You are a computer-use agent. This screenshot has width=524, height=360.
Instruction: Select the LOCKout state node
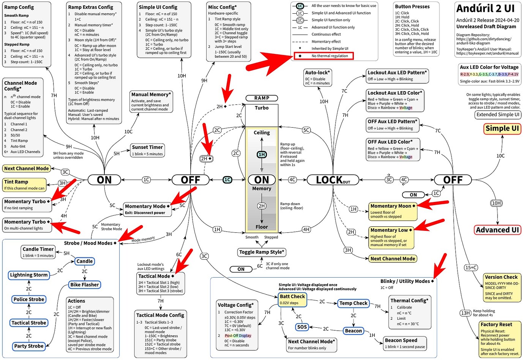pyautogui.click(x=333, y=180)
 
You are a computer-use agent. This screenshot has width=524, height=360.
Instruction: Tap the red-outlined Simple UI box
pyautogui.click(x=502, y=129)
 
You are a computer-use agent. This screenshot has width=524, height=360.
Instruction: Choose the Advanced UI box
pyautogui.click(x=497, y=230)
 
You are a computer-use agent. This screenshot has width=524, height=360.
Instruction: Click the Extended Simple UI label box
pyautogui.click(x=497, y=115)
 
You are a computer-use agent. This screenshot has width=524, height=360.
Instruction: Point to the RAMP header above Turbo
pyautogui.click(x=262, y=98)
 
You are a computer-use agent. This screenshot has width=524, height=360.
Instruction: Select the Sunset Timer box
pyautogui.click(x=147, y=150)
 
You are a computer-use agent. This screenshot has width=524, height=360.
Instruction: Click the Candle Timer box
pyautogui.click(x=38, y=252)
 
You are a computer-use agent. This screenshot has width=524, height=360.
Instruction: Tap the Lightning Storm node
pyautogui.click(x=29, y=275)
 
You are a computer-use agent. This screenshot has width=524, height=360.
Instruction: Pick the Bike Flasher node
pyautogui.click(x=84, y=285)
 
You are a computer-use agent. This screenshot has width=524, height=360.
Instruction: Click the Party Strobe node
pyautogui.click(x=29, y=346)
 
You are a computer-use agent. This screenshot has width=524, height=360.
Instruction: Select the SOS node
pyautogui.click(x=302, y=327)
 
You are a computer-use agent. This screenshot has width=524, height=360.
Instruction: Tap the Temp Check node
pyautogui.click(x=353, y=303)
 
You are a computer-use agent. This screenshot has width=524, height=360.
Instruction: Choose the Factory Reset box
pyautogui.click(x=500, y=339)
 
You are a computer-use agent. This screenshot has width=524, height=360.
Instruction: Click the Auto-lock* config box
pyautogui.click(x=317, y=77)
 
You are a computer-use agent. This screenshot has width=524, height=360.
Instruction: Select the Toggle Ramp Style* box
pyautogui.click(x=261, y=252)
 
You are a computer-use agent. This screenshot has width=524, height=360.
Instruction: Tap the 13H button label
pyautogui.click(x=465, y=313)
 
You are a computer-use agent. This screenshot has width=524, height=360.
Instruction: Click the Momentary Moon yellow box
pyautogui.click(x=393, y=211)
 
